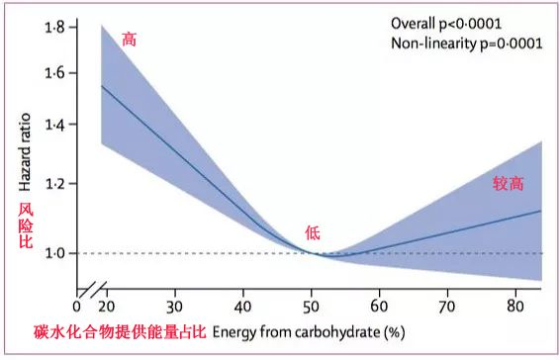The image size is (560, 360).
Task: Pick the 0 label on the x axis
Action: [x=75, y=307]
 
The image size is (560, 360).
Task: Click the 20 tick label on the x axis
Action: [x=106, y=307]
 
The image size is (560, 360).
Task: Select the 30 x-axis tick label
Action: [x=175, y=307]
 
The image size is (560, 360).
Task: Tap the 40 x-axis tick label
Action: [x=243, y=307]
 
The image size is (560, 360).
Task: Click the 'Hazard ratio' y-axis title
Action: [x=24, y=148]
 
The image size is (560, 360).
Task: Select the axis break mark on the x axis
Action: [x=91, y=293]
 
